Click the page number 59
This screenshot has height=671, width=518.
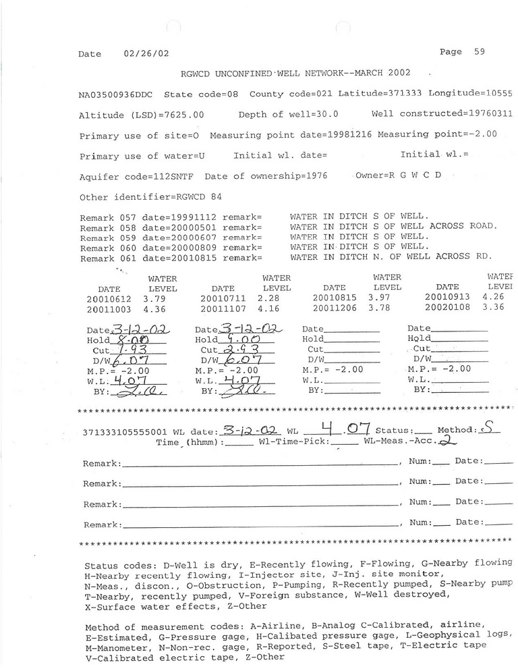coord(479,52)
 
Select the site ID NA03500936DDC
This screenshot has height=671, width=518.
coord(117,95)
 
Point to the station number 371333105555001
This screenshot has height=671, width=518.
coord(125,431)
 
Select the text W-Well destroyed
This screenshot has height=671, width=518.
coord(398,595)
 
